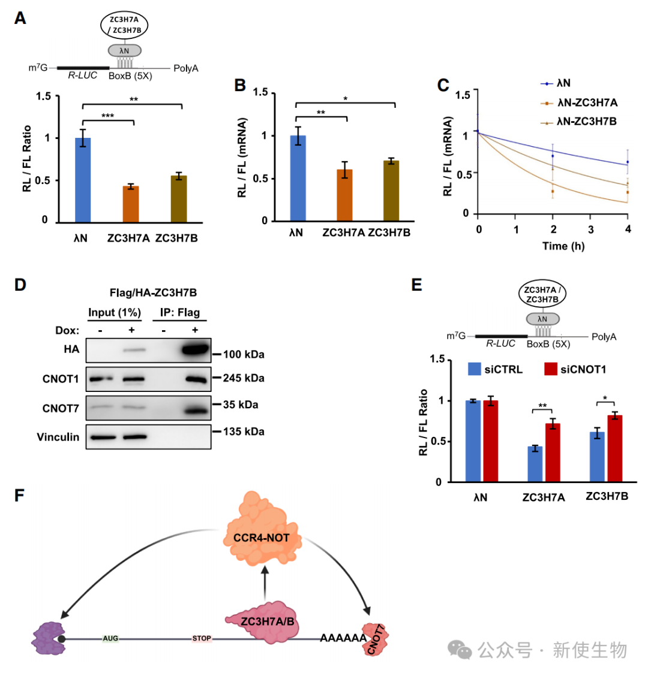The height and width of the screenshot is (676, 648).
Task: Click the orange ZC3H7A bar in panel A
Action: tap(131, 204)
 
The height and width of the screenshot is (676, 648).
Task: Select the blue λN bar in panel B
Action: tap(298, 178)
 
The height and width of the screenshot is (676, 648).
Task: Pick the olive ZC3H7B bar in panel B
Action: tap(391, 191)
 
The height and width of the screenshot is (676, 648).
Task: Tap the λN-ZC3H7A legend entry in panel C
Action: tap(579, 102)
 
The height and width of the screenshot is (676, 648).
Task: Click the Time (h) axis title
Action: tap(563, 246)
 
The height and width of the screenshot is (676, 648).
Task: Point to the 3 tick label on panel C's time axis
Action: tap(590, 230)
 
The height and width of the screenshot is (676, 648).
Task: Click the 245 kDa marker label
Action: tap(244, 378)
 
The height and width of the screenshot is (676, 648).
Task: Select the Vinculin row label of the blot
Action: tap(58, 437)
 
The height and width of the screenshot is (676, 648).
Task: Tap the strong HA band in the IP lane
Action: tap(195, 349)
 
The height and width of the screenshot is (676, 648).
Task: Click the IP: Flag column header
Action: tap(180, 313)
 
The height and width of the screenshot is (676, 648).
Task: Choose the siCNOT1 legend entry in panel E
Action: tap(575, 370)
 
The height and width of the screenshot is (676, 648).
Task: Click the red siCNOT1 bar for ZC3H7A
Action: tap(553, 452)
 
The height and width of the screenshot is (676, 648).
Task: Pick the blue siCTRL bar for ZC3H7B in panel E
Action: tap(597, 457)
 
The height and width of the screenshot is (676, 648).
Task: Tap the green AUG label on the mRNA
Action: tap(110, 638)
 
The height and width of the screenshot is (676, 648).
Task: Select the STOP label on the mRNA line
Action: tap(202, 638)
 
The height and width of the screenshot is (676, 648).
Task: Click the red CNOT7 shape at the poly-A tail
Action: tap(375, 640)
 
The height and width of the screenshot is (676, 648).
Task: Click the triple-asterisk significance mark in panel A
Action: tap(107, 116)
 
